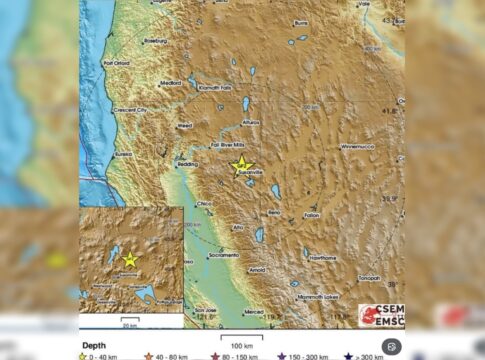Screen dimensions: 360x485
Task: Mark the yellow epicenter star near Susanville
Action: pyautogui.click(x=241, y=166)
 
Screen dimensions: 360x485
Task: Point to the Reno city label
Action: pyautogui.click(x=272, y=212)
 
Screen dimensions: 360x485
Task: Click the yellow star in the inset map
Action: pyautogui.click(x=129, y=260)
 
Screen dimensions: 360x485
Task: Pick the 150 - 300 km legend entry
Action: pyautogui.click(x=307, y=354)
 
